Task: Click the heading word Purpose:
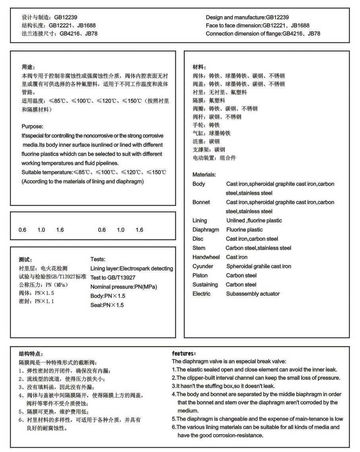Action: click(x=32, y=126)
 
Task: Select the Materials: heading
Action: click(x=204, y=174)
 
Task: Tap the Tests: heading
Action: click(x=98, y=259)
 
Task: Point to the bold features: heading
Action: click(x=184, y=353)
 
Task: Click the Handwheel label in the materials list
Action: click(x=206, y=257)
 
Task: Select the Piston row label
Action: click(x=200, y=275)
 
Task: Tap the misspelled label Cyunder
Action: click(x=203, y=266)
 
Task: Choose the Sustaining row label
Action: click(x=205, y=284)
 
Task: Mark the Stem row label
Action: click(x=198, y=248)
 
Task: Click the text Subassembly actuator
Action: click(x=253, y=294)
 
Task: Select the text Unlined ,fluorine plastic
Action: click(x=254, y=220)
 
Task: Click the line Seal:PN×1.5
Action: click(x=107, y=305)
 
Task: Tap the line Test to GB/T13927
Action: click(x=113, y=278)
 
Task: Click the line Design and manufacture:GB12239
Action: click(x=247, y=17)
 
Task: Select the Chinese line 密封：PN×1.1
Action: click(x=36, y=301)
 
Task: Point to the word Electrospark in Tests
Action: click(x=137, y=268)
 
